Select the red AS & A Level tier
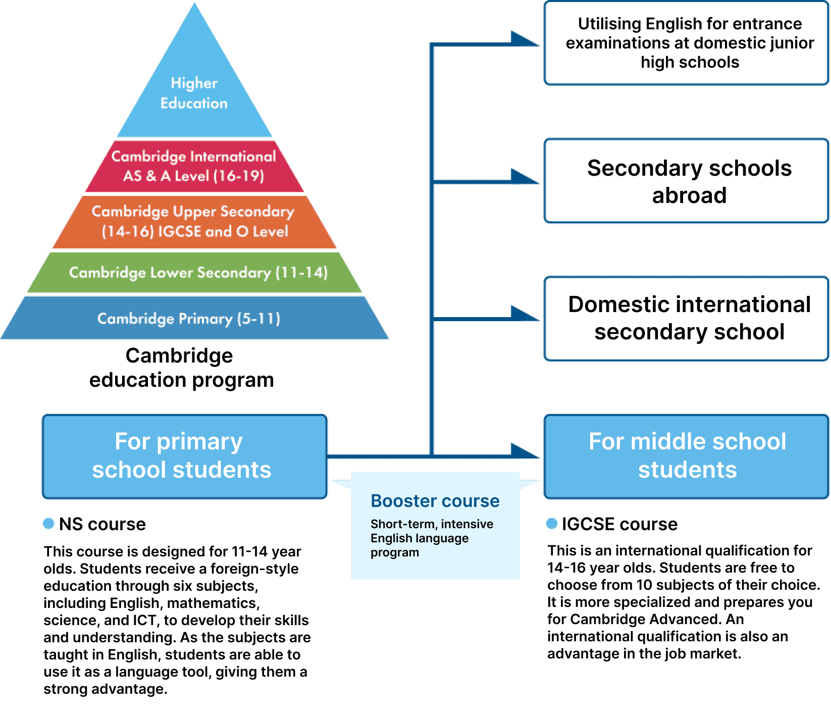coord(194,166)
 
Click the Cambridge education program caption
coord(181,368)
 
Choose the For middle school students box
coord(687,455)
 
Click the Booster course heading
coord(435,501)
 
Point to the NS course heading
coord(102,524)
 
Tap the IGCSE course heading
coord(619,524)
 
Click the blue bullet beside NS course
coord(48,524)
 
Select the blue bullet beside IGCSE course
coord(552,524)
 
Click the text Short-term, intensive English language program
coord(432,538)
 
